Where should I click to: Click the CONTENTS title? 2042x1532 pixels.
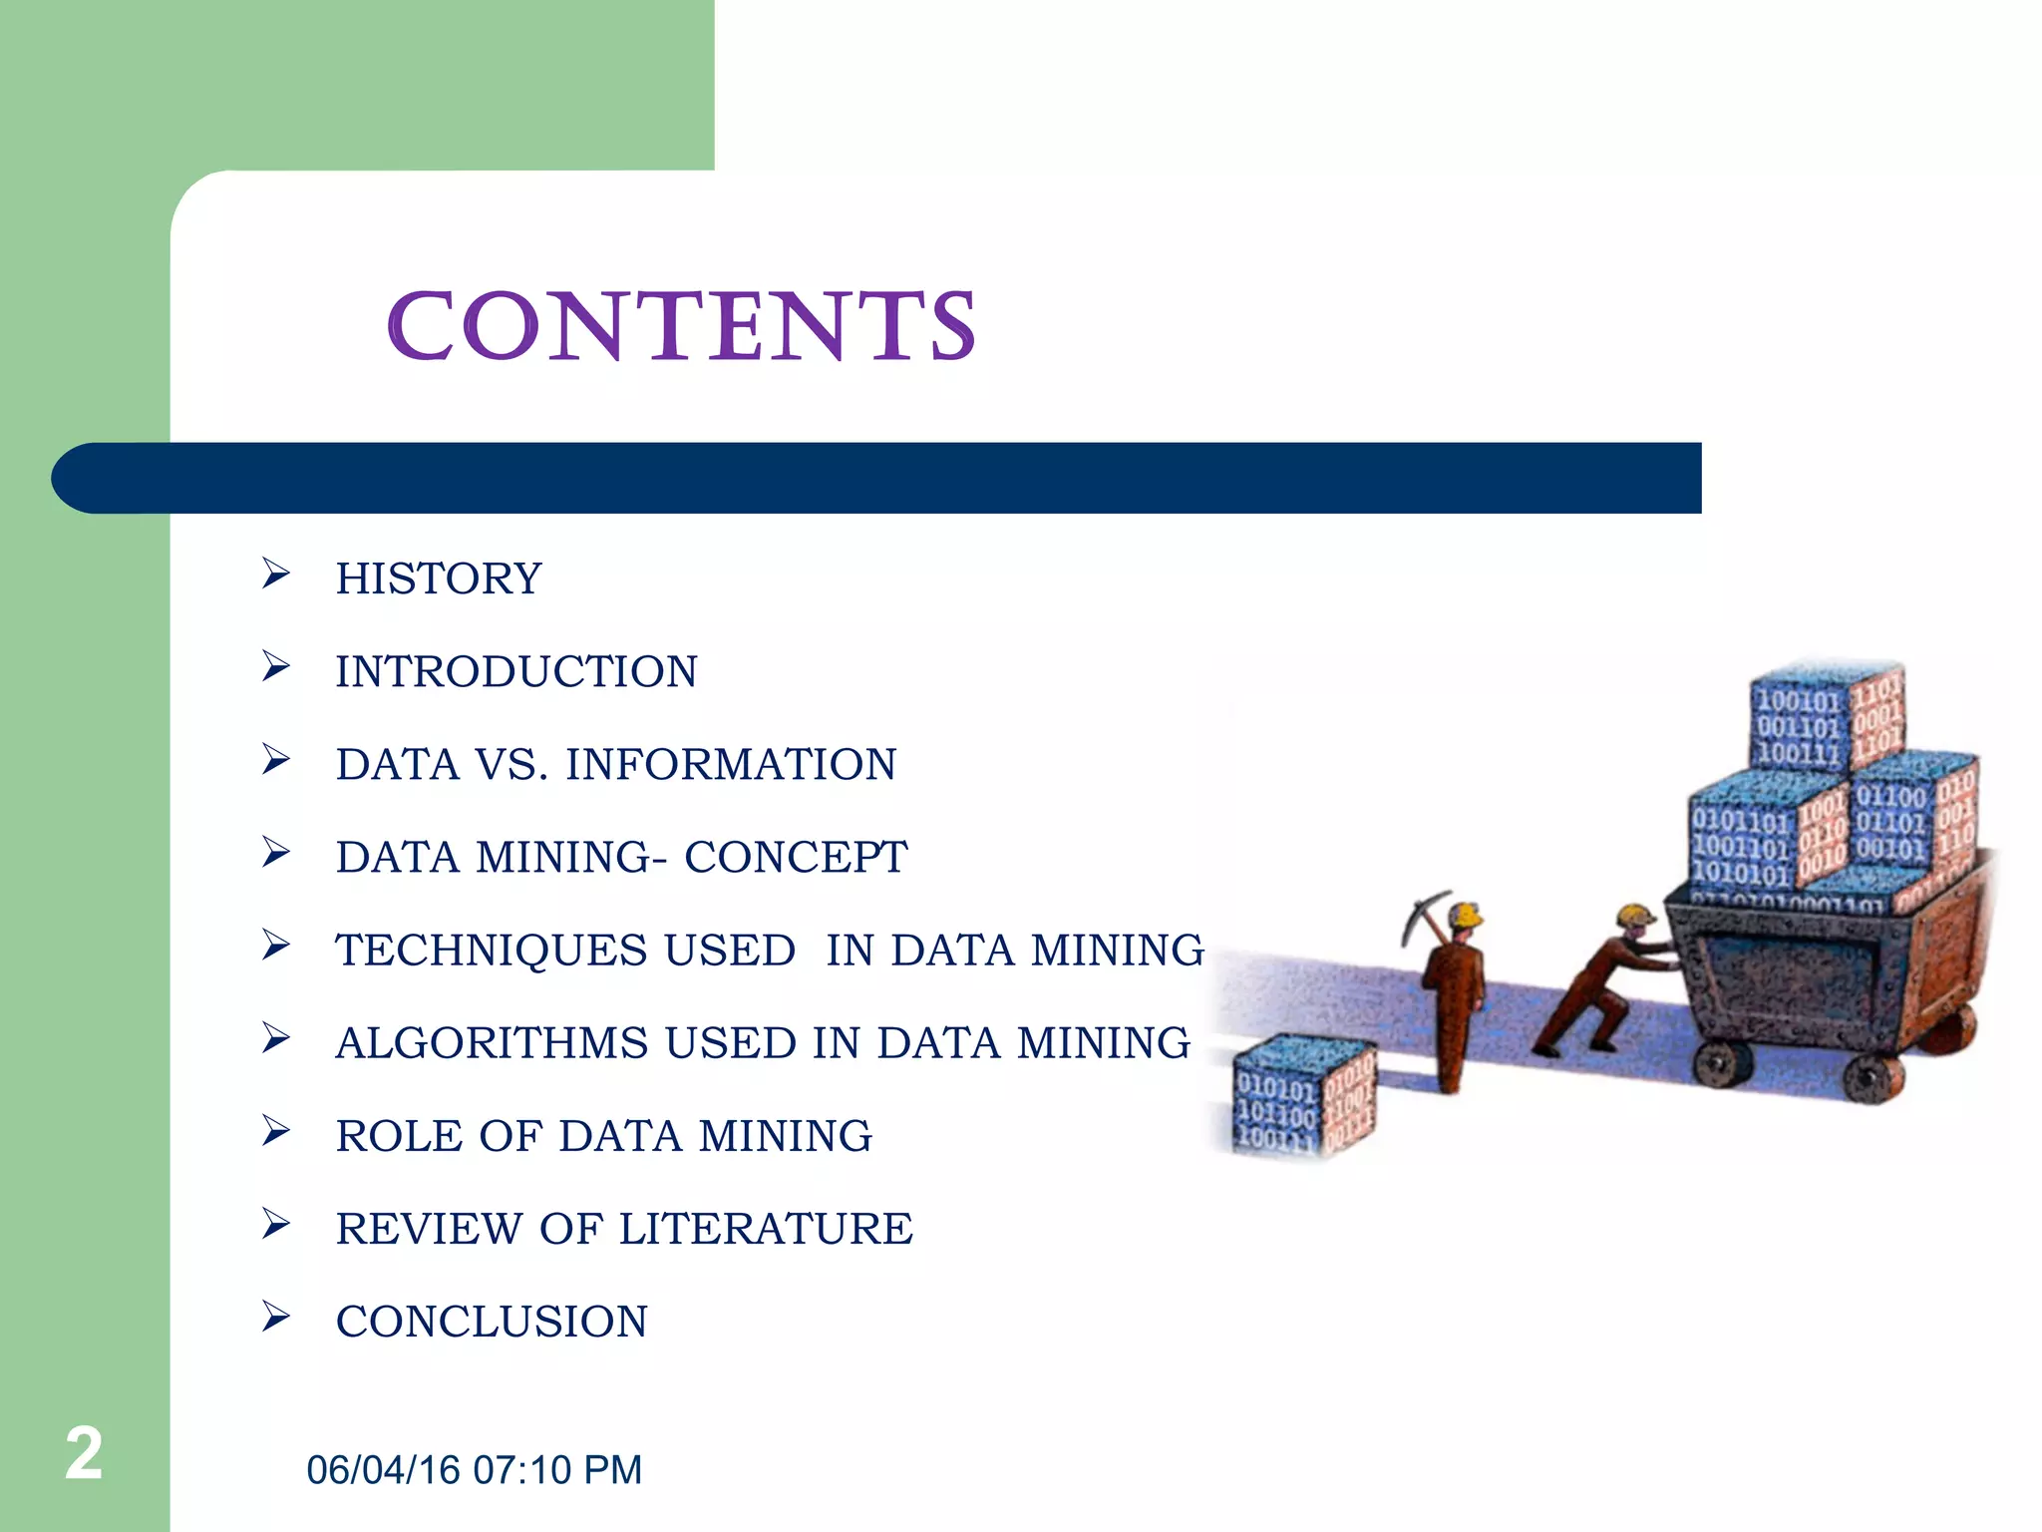(681, 326)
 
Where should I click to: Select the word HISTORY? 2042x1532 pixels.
(439, 579)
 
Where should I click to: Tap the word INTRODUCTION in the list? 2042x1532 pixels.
(516, 672)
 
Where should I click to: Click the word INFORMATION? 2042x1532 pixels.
(731, 765)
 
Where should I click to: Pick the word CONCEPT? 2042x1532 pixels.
(796, 858)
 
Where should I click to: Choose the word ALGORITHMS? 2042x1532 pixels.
(492, 1043)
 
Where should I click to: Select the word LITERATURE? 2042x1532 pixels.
(766, 1229)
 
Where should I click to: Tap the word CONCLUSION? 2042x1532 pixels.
(492, 1323)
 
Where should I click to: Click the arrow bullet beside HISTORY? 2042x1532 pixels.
(275, 574)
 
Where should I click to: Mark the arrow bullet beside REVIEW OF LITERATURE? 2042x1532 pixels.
(275, 1224)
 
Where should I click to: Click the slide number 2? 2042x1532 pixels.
(84, 1454)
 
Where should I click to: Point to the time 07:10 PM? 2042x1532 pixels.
(557, 1470)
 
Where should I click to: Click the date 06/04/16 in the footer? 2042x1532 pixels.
(383, 1470)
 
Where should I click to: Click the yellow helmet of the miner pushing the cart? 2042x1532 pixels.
(1635, 915)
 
